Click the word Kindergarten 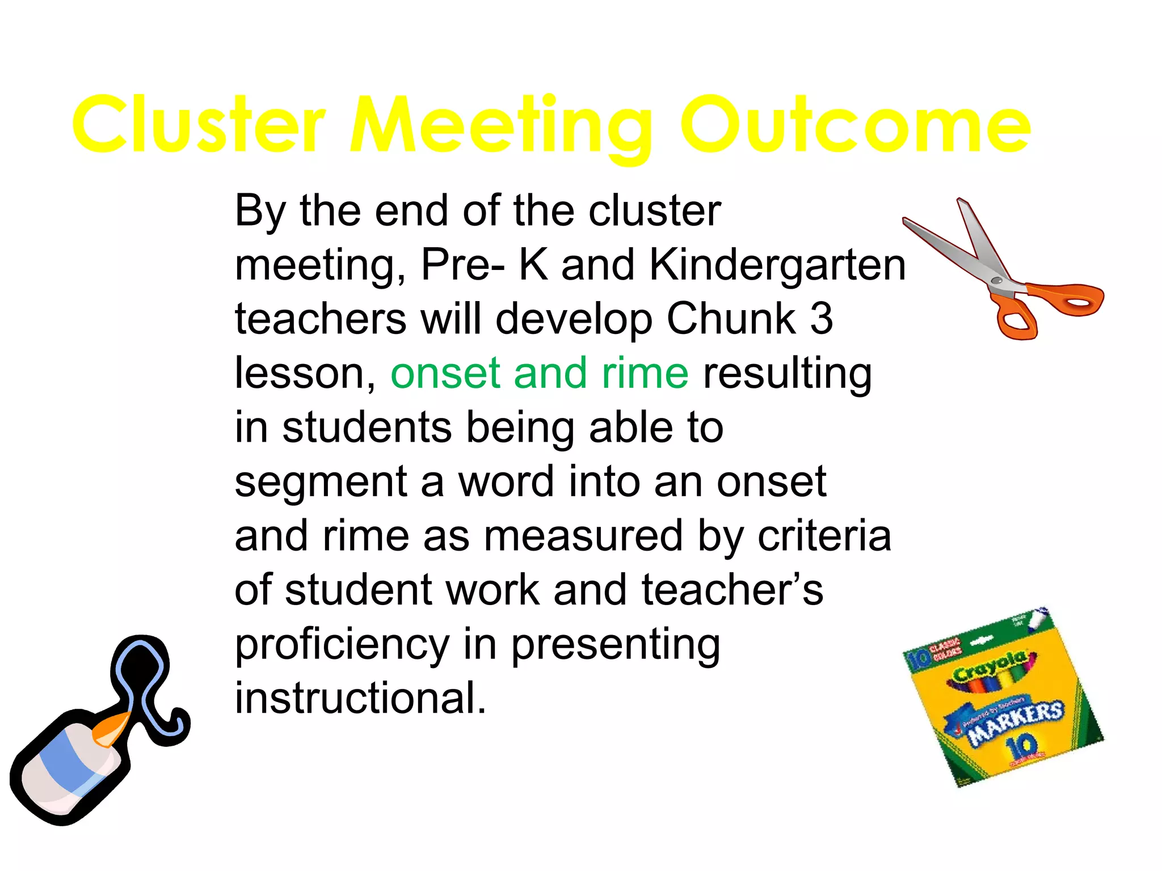click(x=777, y=265)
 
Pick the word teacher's click(x=732, y=590)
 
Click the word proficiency click(x=342, y=645)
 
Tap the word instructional click(x=361, y=697)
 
